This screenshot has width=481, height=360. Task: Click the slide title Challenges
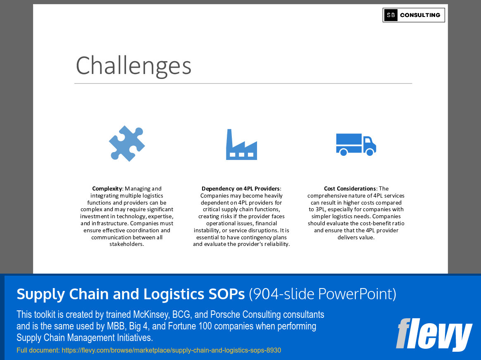pyautogui.click(x=133, y=65)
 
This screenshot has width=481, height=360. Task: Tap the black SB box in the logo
pyautogui.click(x=391, y=15)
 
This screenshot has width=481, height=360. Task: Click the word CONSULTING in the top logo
pyautogui.click(x=420, y=15)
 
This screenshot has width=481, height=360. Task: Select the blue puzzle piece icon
pyautogui.click(x=127, y=143)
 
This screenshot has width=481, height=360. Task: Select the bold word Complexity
pyautogui.click(x=107, y=188)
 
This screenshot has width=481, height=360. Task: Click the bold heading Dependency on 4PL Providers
pyautogui.click(x=240, y=188)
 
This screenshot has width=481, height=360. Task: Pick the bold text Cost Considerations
pyautogui.click(x=350, y=188)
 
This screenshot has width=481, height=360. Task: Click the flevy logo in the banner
pyautogui.click(x=433, y=334)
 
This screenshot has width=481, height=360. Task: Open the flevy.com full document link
pyautogui.click(x=171, y=350)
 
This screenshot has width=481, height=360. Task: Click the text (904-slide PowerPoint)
pyautogui.click(x=322, y=294)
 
